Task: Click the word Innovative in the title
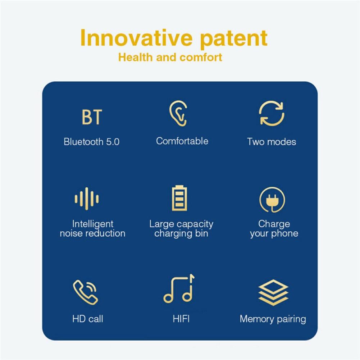click(x=136, y=38)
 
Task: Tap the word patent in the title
click(x=234, y=39)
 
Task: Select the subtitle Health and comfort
click(x=170, y=57)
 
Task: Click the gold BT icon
click(x=92, y=117)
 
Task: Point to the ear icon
click(x=178, y=113)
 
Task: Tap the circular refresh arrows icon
click(x=272, y=113)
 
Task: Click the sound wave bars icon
click(x=87, y=199)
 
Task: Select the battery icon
click(x=179, y=198)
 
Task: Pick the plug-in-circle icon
click(x=272, y=200)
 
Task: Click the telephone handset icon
click(x=85, y=292)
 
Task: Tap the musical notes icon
click(x=179, y=288)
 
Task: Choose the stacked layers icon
click(x=273, y=292)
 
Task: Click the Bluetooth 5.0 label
click(x=92, y=142)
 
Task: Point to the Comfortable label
click(x=182, y=141)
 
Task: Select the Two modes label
click(x=272, y=142)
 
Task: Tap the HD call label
click(x=88, y=319)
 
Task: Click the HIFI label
click(x=181, y=319)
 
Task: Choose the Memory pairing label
click(x=273, y=319)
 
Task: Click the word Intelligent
click(x=93, y=224)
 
